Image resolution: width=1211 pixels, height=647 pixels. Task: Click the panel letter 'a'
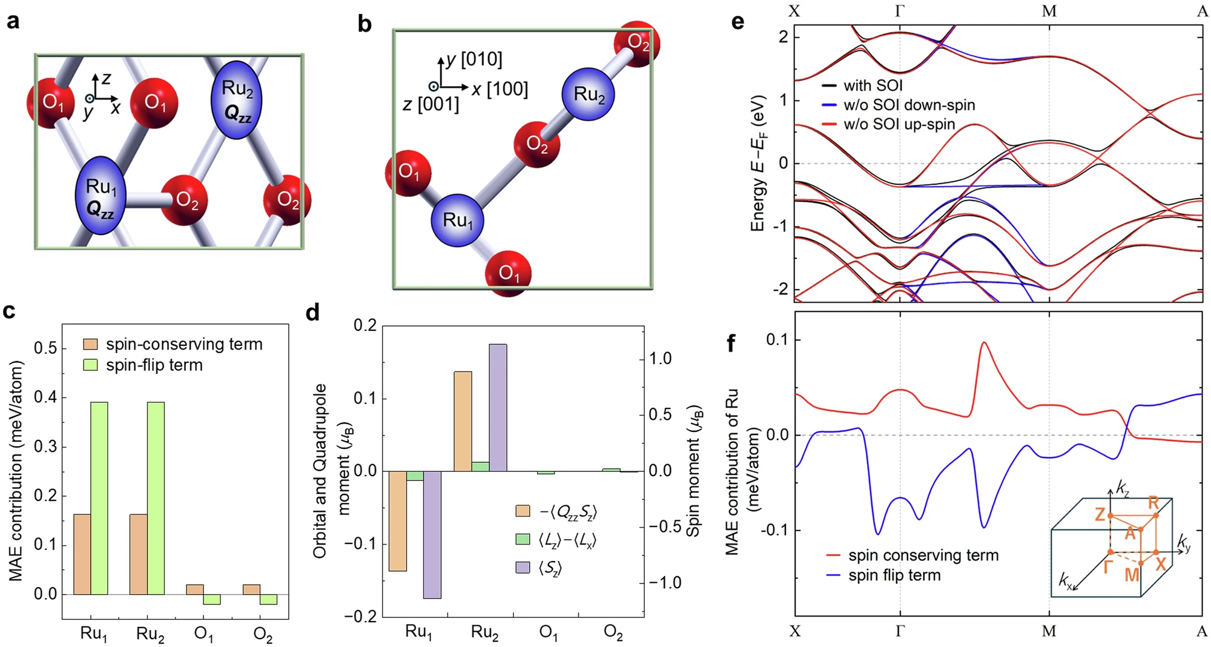point(13,22)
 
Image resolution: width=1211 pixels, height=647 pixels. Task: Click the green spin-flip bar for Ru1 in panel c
point(99,498)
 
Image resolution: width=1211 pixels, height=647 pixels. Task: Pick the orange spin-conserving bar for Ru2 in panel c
point(138,554)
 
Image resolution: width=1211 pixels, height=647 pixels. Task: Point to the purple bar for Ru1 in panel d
point(432,534)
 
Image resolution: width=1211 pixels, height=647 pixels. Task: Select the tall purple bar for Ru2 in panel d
point(498,407)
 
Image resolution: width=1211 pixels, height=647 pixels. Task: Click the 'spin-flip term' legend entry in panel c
point(154,365)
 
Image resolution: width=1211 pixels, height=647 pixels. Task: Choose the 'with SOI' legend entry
point(873,85)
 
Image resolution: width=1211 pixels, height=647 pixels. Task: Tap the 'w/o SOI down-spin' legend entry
point(909,105)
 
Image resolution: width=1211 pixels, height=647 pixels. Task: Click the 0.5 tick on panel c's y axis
point(46,348)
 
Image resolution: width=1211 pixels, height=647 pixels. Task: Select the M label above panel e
point(1049,12)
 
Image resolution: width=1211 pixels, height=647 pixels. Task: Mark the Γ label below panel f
point(900,631)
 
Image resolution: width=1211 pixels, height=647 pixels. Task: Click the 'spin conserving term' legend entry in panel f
point(923,555)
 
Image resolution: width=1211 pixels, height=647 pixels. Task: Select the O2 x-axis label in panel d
point(613,633)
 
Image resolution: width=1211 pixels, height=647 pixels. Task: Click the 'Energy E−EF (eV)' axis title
point(759,163)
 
